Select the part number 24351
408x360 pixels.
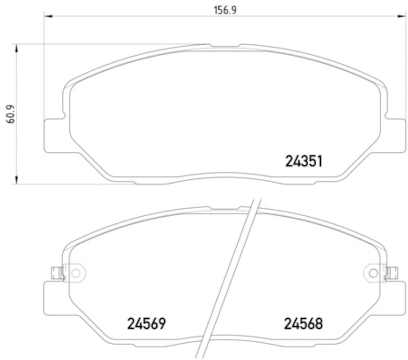303,162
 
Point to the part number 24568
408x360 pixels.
304,323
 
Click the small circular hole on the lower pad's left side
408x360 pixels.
75,273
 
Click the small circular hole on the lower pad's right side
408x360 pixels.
373,273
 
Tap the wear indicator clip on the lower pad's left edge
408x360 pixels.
57,274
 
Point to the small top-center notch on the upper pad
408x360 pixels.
223,45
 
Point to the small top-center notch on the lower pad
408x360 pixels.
223,207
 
